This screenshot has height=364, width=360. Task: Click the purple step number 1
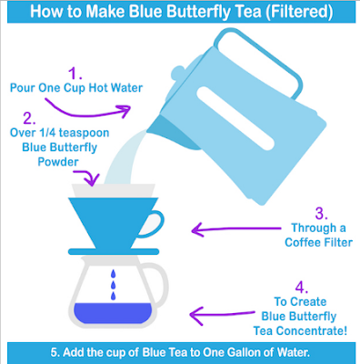click(75, 73)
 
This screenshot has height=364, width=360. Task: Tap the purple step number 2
click(29, 118)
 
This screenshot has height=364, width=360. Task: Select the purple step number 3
click(321, 213)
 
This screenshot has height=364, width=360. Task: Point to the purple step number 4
click(302, 288)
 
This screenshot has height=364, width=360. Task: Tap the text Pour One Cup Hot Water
click(76, 88)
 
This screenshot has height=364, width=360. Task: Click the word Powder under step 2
click(58, 162)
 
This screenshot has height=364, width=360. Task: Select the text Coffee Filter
click(318, 242)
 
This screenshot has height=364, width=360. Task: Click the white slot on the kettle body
click(235, 118)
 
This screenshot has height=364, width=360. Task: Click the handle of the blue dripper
click(153, 224)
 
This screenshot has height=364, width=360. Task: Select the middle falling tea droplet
click(114, 285)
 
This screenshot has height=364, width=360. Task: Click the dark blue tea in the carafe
click(113, 313)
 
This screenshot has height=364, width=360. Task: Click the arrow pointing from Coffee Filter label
click(236, 229)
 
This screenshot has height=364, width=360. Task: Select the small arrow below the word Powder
click(89, 176)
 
